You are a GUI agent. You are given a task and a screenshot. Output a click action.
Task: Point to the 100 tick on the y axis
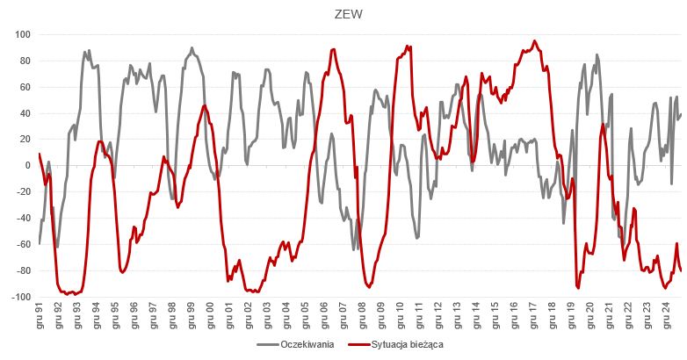23,35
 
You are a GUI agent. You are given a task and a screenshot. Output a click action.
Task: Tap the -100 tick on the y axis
21,297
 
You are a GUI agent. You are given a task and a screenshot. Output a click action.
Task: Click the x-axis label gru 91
40,315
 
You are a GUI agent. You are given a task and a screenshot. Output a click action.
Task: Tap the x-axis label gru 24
667,315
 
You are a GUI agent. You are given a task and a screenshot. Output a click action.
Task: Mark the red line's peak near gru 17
534,40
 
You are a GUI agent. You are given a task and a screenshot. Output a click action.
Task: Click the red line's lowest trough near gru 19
578,287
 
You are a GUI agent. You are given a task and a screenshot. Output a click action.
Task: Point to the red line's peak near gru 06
332,49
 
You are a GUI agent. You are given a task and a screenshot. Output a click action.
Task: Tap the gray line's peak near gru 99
192,48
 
